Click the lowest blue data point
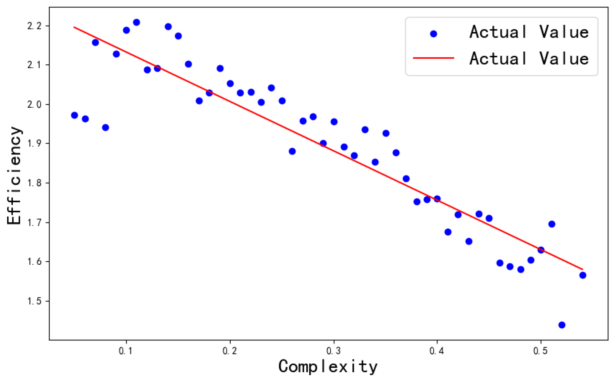pos(562,325)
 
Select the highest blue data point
pos(136,22)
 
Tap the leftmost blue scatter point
pos(74,115)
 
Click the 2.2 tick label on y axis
pos(34,26)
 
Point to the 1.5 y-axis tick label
pos(34,301)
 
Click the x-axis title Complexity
pos(328,367)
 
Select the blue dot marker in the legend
pos(434,34)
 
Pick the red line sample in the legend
pos(434,58)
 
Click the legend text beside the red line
pos(529,58)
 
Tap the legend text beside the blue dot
pos(529,32)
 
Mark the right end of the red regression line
pos(583,269)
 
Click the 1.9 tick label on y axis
pos(34,143)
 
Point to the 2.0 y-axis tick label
pos(34,104)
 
